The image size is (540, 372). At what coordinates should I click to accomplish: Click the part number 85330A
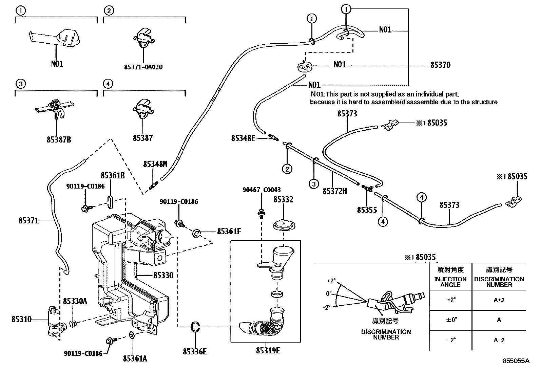(75, 301)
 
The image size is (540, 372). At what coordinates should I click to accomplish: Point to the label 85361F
(229, 232)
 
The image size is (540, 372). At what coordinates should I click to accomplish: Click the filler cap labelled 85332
(283, 225)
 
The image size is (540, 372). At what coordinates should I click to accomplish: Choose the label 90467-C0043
(261, 190)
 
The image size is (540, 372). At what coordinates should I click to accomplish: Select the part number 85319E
(268, 351)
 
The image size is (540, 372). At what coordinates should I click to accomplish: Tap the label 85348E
(243, 138)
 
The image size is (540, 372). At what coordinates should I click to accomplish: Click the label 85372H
(335, 191)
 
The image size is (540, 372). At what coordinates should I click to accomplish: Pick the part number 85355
(367, 210)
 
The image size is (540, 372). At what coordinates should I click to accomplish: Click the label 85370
(440, 65)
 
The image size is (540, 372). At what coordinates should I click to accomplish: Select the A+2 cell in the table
(499, 300)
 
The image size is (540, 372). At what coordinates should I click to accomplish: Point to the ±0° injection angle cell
(451, 320)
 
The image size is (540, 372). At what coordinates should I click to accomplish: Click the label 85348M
(155, 164)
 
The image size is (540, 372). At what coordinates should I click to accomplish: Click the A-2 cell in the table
(499, 340)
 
